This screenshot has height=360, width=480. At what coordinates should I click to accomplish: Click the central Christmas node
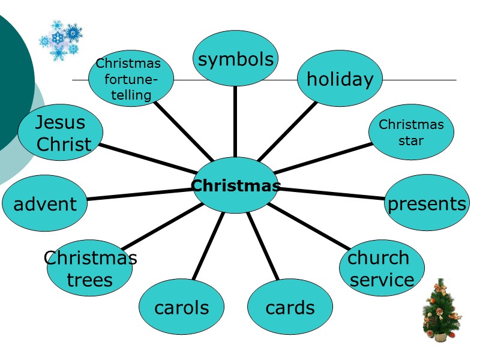coord(235,185)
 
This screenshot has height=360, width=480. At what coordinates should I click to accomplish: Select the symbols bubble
coord(235,58)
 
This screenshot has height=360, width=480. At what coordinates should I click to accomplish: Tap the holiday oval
coord(340,79)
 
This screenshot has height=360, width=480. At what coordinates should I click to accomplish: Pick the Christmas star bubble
coord(411,132)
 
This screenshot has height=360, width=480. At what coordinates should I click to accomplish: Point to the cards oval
coord(290,307)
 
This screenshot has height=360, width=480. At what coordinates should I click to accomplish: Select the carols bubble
coord(181,307)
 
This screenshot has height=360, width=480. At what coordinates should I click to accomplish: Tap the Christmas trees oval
coord(90,268)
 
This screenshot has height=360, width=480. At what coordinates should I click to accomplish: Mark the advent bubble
coord(45,203)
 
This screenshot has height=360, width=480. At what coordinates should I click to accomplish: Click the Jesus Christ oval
coord(60,133)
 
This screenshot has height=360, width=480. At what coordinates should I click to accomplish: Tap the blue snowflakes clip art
coord(61,40)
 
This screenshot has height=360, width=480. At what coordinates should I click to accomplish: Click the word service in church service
coord(382,280)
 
